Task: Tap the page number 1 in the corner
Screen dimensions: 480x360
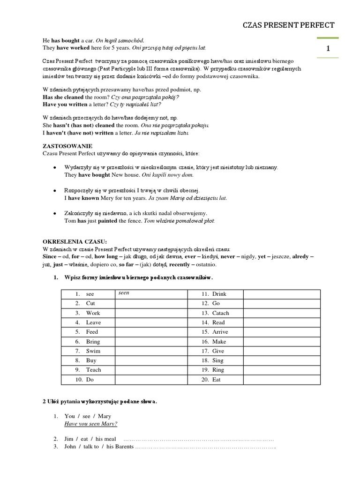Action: pyautogui.click(x=328, y=48)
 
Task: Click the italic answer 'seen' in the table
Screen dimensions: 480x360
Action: pyautogui.click(x=123, y=292)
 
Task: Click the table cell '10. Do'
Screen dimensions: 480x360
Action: pyautogui.click(x=84, y=379)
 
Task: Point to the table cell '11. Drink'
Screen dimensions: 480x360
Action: pyautogui.click(x=214, y=294)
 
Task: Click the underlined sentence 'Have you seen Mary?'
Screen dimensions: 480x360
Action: pyautogui.click(x=90, y=424)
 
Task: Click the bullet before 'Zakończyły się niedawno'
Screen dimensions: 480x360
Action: pyautogui.click(x=55, y=213)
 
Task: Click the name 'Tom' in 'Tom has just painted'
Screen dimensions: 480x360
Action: pyautogui.click(x=70, y=220)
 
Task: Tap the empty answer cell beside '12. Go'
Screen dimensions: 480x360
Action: pyautogui.click(x=281, y=303)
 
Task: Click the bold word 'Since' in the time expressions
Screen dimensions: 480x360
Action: pyautogui.click(x=49, y=257)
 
